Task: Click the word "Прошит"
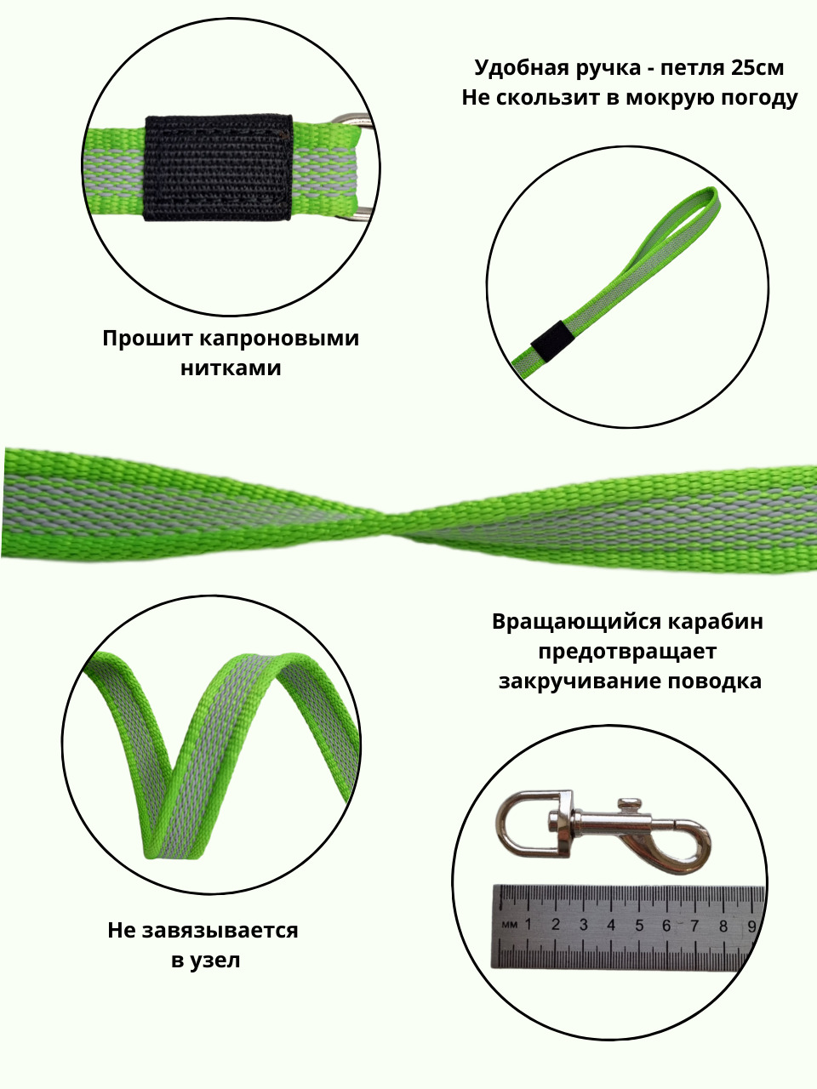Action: pos(147,339)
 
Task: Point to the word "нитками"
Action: pos(231,368)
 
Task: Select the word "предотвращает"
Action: pos(627,651)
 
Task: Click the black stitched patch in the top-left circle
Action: pos(218,168)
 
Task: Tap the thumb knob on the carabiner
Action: pos(629,804)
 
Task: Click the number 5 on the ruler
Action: pos(639,926)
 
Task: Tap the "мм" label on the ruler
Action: pos(510,926)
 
